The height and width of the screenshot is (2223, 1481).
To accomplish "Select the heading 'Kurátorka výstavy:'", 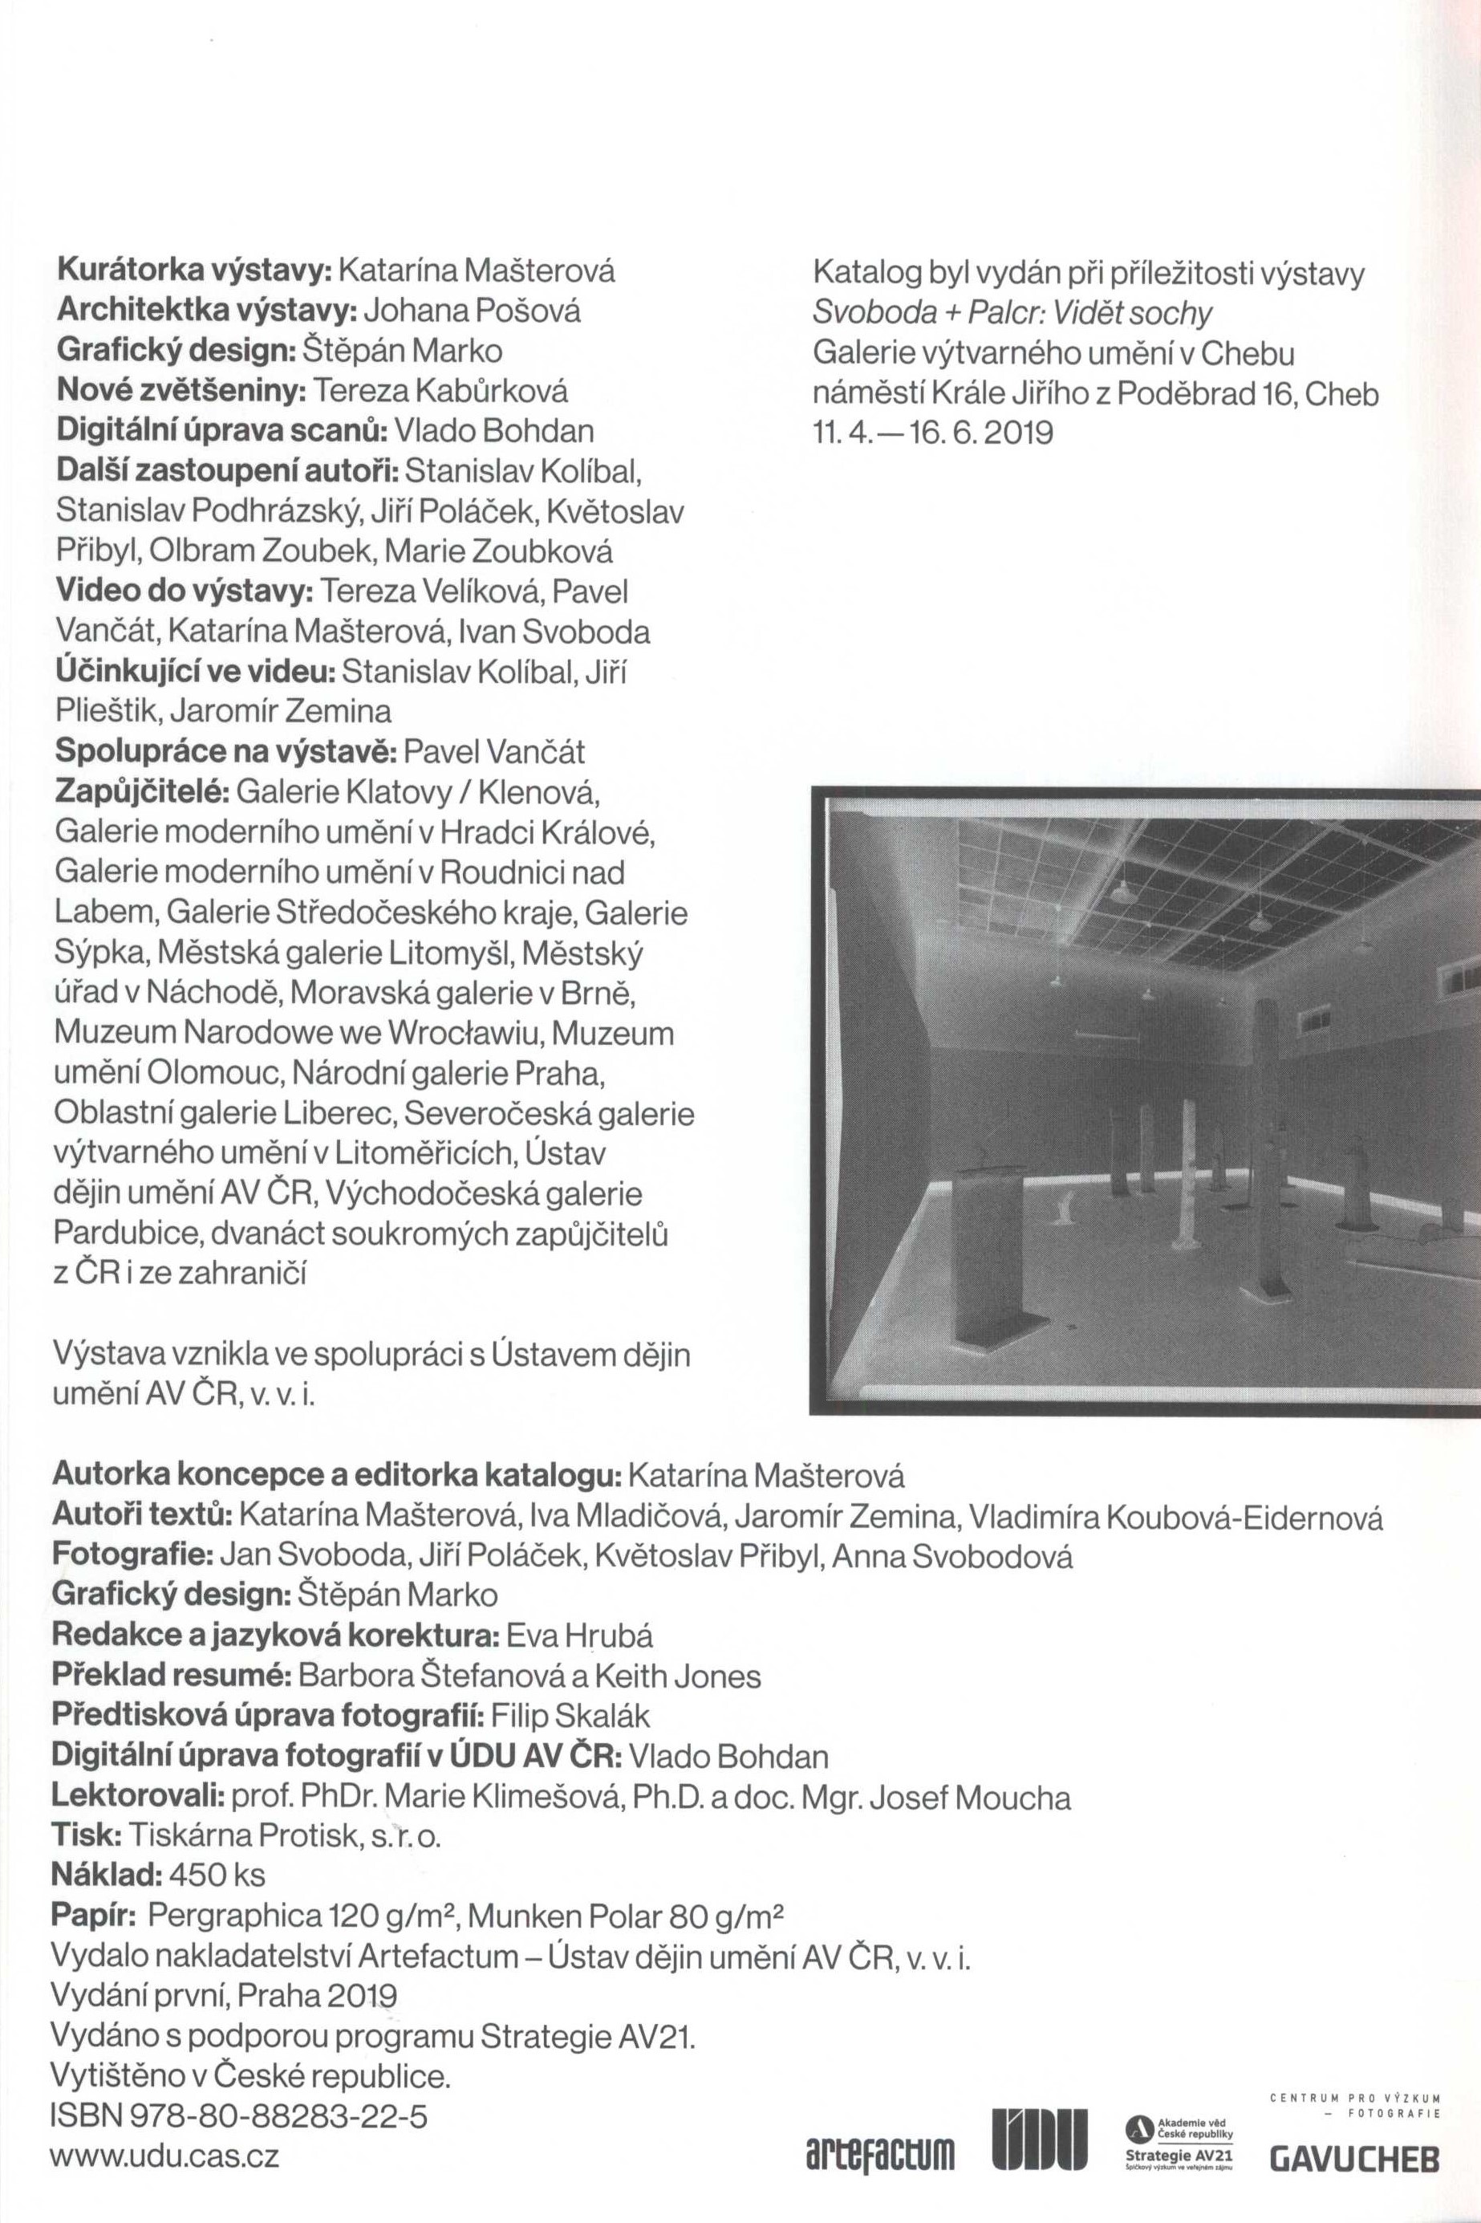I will point(193,271).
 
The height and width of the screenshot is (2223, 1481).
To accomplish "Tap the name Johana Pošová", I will point(473,311).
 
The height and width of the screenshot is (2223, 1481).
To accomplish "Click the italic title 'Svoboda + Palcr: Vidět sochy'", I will point(1012,313).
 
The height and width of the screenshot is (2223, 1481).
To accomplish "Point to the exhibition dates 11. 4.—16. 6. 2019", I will point(932,433).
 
